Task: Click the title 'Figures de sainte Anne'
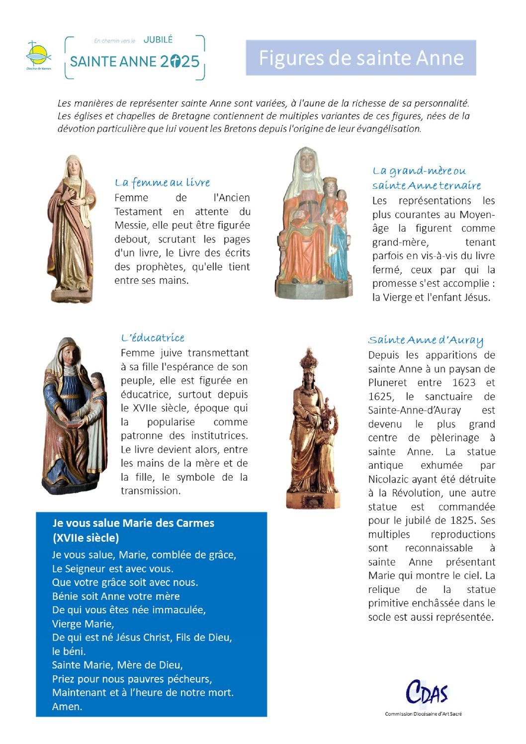(361, 58)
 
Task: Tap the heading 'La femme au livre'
(162, 182)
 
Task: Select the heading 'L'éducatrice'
(153, 338)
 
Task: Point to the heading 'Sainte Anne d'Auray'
(426, 340)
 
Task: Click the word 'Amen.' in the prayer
(67, 706)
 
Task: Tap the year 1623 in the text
(463, 383)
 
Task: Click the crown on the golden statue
(309, 359)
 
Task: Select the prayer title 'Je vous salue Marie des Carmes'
(133, 523)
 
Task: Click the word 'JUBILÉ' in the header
(158, 40)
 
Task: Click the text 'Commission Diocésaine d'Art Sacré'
(423, 714)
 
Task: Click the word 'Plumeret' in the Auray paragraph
(387, 383)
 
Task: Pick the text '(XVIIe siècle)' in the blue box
(86, 538)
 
